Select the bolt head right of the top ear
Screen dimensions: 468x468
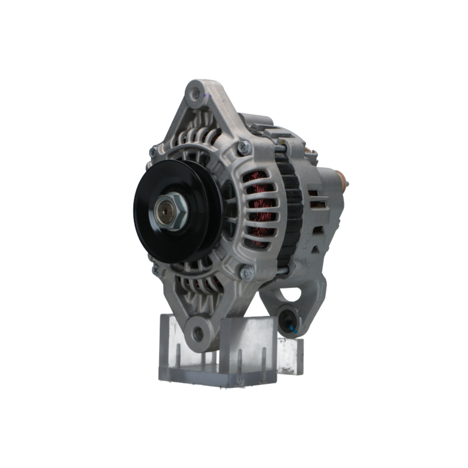(244, 147)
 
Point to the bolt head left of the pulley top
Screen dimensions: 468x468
(153, 151)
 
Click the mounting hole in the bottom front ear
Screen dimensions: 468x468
(198, 333)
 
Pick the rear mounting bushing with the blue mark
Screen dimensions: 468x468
(288, 321)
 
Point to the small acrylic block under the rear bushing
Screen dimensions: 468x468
(290, 356)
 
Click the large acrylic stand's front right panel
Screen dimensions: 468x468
(248, 346)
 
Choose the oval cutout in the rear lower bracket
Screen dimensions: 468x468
(292, 294)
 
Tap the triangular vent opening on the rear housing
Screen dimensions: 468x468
(316, 249)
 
